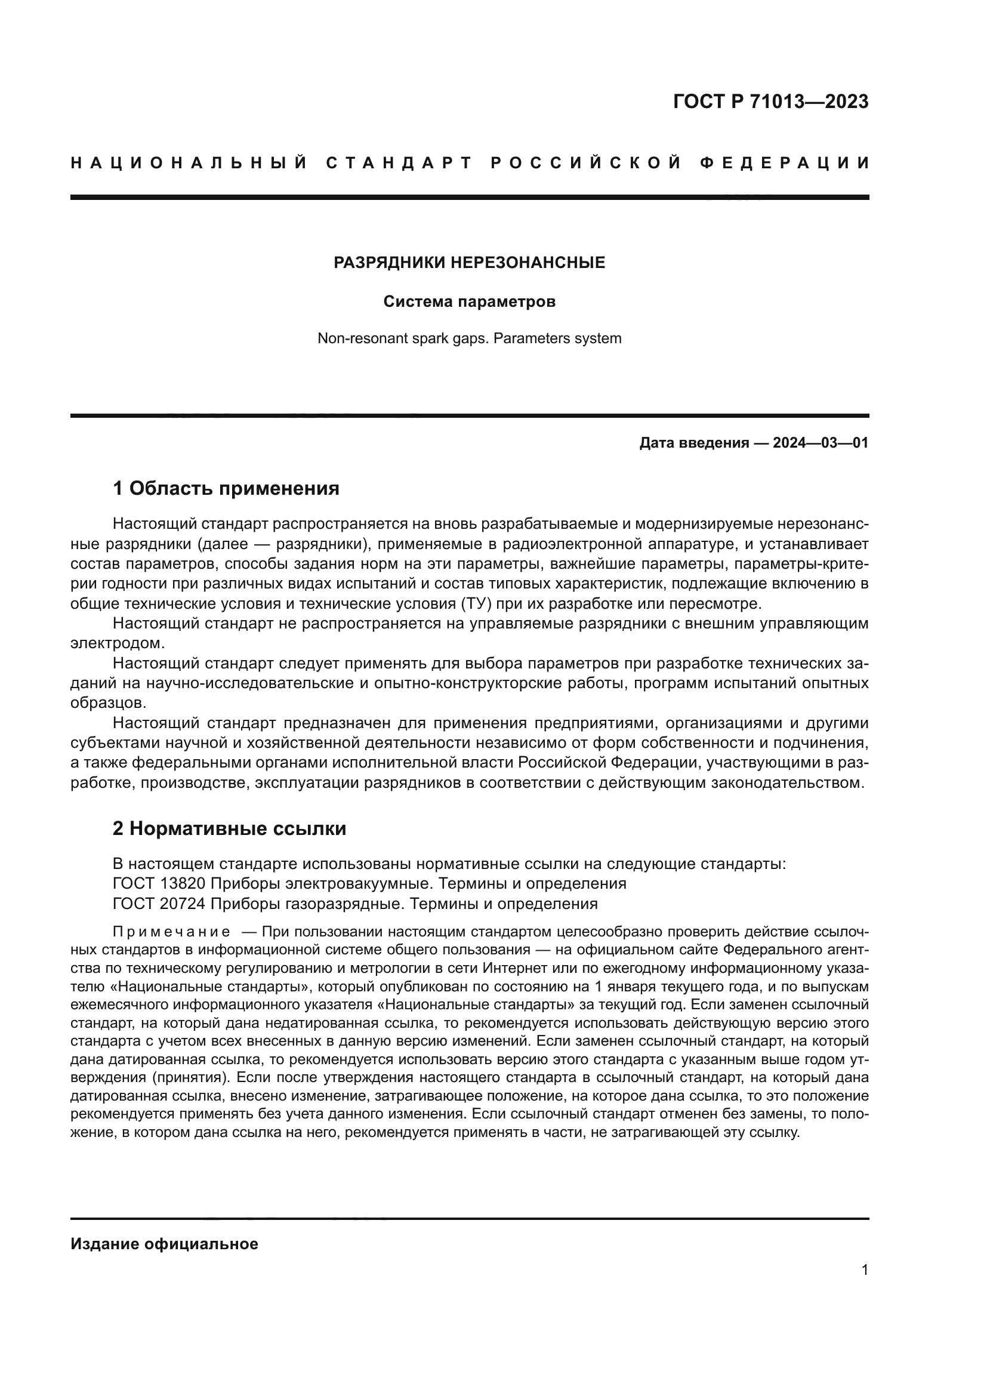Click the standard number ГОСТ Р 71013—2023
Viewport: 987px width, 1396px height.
pos(770,101)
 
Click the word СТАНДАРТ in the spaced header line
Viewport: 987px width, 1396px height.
pos(399,163)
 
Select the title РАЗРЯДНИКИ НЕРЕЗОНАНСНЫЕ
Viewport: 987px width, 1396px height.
pos(469,263)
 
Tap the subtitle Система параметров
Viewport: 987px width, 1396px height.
pos(469,301)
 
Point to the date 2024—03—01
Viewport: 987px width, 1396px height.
pos(820,443)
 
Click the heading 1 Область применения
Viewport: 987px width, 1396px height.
pos(226,488)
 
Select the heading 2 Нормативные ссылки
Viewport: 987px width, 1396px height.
pos(229,829)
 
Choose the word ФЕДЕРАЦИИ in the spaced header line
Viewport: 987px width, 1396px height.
pos(785,163)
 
